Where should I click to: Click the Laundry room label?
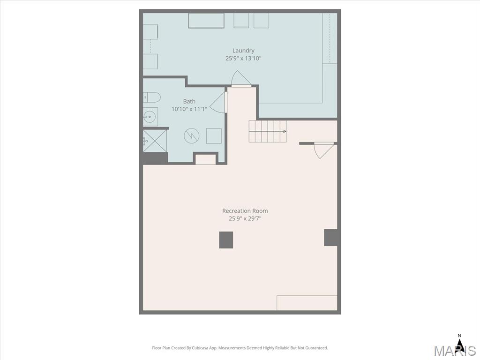(243, 51)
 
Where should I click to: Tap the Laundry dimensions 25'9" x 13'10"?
(243, 58)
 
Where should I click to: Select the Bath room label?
(189, 101)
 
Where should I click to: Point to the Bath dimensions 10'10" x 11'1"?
(189, 109)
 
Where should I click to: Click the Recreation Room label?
(245, 211)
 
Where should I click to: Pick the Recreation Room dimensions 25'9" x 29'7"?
(245, 218)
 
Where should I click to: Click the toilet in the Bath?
(151, 97)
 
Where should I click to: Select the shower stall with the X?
(155, 141)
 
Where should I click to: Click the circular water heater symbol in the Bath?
(192, 135)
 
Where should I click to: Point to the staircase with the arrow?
(268, 131)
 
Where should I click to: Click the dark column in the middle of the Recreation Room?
(226, 240)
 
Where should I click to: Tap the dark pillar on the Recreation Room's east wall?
(330, 238)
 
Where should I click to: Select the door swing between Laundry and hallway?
(240, 78)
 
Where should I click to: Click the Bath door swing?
(218, 102)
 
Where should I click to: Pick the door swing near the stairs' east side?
(323, 150)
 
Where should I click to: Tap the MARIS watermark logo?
(455, 350)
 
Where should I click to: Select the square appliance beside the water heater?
(214, 136)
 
